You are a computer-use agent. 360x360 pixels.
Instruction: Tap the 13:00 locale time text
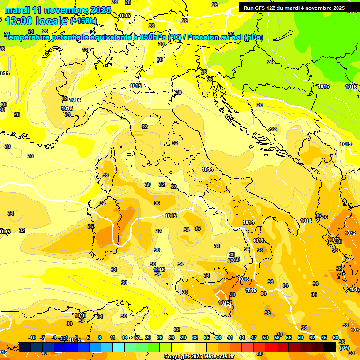36,21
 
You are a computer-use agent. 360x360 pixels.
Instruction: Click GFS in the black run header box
261,8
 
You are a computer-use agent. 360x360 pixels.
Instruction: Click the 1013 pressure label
67,108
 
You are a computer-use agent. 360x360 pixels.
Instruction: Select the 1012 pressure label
350,233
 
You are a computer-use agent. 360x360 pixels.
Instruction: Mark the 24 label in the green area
270,62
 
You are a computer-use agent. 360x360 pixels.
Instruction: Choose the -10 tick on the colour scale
32,337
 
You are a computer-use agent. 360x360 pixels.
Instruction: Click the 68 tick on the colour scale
336,337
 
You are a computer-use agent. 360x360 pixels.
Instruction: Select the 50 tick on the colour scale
265,337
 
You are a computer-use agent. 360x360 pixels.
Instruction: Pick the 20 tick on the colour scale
148,337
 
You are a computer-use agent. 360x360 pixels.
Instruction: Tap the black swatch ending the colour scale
330,347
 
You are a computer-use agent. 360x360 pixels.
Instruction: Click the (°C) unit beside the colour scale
345,347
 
